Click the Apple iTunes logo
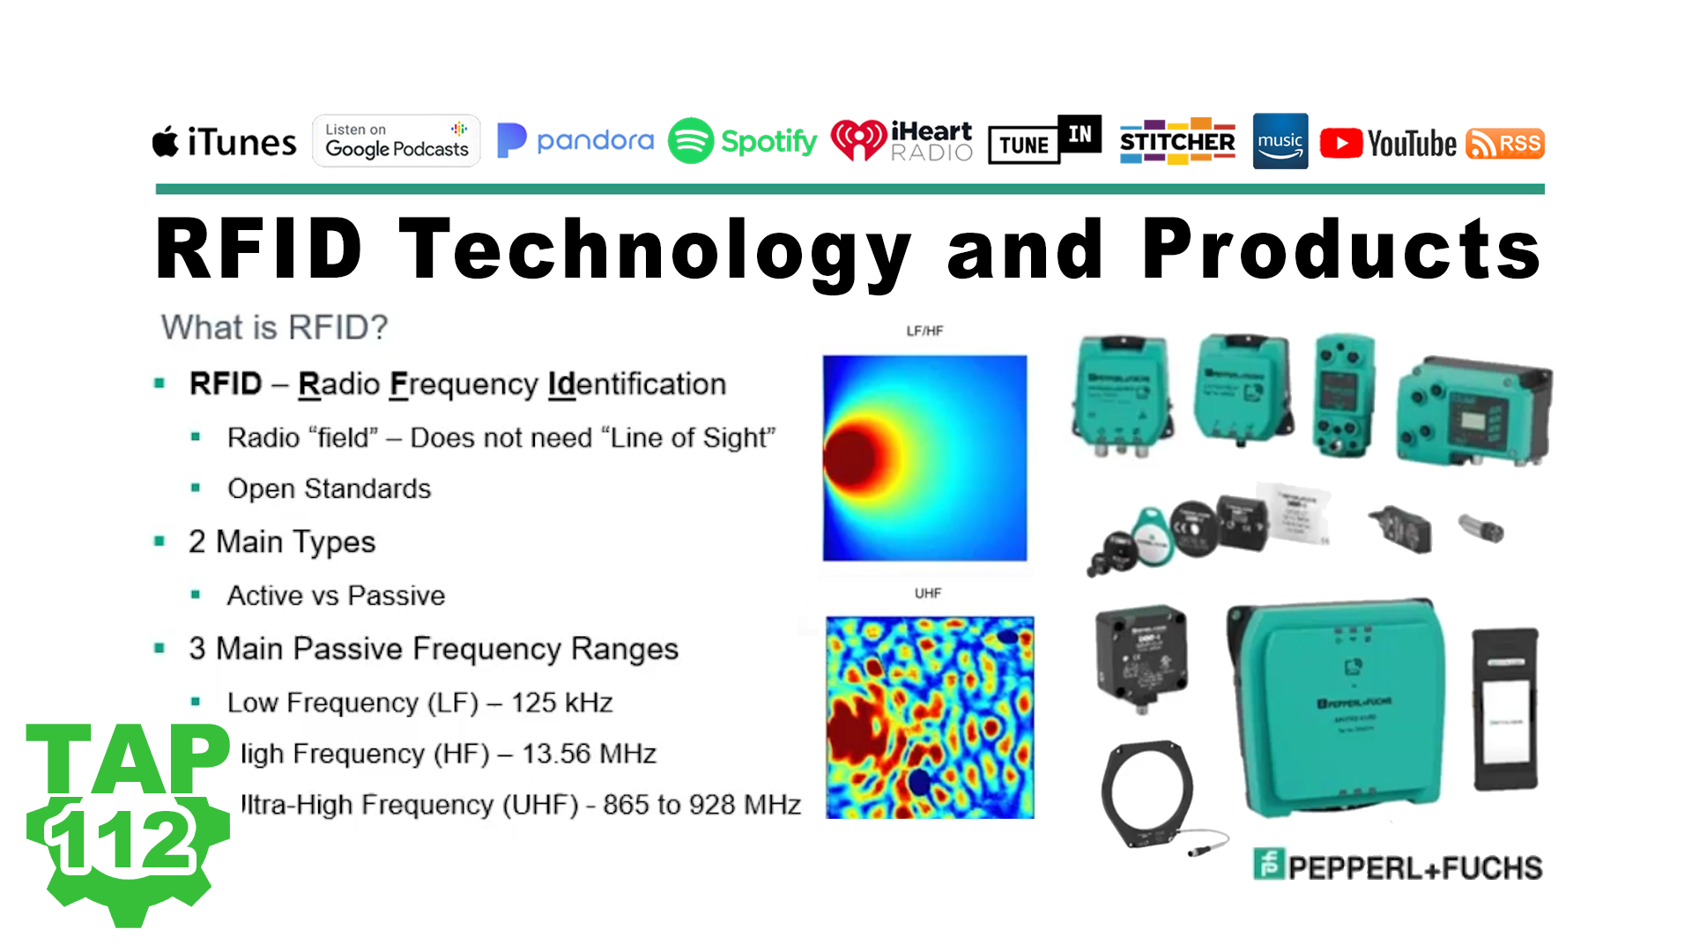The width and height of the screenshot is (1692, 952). [x=225, y=142]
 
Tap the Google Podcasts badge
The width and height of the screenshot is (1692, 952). [x=397, y=141]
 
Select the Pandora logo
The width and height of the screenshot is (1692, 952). [x=575, y=141]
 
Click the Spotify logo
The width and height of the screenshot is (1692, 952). [x=742, y=141]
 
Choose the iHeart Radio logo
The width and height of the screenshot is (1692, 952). [x=902, y=141]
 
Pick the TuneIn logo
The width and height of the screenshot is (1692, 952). [x=1044, y=141]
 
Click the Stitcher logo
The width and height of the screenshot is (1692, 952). [x=1177, y=141]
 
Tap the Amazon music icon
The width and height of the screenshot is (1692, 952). [x=1280, y=141]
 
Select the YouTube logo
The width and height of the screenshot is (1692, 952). [x=1388, y=144]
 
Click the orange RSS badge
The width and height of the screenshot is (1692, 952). [x=1505, y=144]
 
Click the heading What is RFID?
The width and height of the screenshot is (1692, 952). [x=274, y=327]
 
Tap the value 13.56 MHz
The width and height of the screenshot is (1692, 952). [x=589, y=754]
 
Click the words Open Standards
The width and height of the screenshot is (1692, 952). [x=329, y=488]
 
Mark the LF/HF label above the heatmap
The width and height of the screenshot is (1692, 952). [x=924, y=331]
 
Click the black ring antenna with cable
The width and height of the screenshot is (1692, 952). [x=1147, y=794]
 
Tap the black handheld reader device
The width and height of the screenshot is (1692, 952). [x=1505, y=709]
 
